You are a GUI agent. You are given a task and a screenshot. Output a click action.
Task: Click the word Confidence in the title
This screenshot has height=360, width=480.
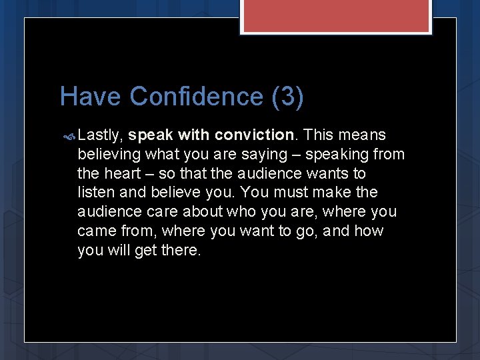197,97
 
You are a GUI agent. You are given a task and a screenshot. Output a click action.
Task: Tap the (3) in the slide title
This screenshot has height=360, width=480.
287,97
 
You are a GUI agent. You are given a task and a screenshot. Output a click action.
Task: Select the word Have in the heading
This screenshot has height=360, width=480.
91,97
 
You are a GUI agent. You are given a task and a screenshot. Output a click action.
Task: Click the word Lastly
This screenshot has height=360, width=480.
100,135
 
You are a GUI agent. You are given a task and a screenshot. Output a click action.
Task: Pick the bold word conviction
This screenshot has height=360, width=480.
254,135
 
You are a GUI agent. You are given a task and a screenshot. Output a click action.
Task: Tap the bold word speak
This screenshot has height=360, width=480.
151,135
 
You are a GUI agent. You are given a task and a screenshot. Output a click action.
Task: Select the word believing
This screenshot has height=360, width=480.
109,155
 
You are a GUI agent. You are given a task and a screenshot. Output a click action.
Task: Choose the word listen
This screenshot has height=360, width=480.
95,193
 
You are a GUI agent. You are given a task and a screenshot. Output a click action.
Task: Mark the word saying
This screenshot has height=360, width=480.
265,155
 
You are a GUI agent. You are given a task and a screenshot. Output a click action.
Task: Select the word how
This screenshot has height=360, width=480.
369,231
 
